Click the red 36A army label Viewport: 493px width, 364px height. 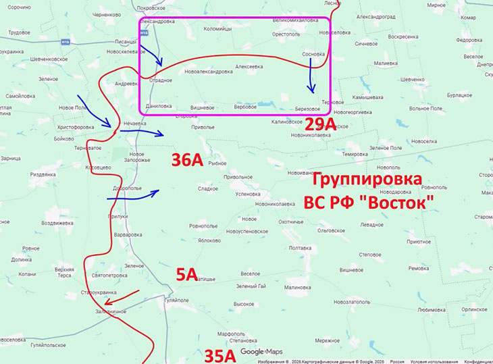click(x=187, y=160)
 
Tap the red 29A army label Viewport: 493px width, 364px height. click(x=319, y=124)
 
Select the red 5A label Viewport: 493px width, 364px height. click(x=186, y=274)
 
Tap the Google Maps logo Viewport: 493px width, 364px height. click(x=262, y=352)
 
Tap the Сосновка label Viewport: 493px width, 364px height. click(x=313, y=54)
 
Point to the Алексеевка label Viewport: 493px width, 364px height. click(x=249, y=66)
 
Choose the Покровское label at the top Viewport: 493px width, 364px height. click(x=151, y=8)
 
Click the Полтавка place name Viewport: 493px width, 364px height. click(x=299, y=248)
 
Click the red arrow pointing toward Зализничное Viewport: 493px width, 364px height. click(x=123, y=298)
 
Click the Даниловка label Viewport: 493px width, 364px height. click(x=159, y=106)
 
